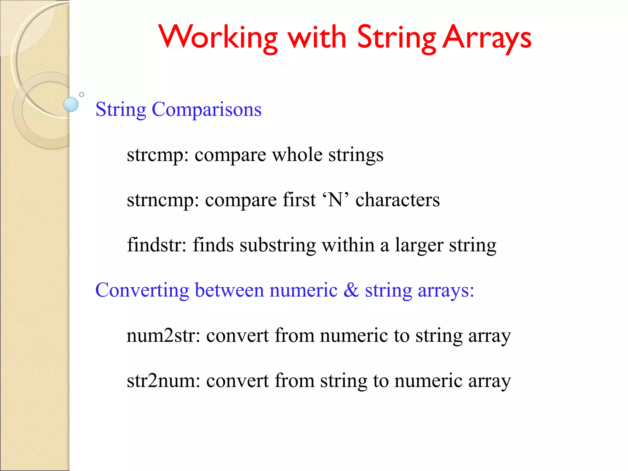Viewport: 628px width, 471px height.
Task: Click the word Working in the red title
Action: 218,37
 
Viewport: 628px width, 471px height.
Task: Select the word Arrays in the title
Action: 487,37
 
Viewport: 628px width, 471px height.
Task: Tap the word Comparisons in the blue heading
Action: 207,109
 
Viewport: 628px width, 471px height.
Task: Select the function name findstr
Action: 156,245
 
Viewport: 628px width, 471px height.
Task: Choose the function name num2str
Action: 163,335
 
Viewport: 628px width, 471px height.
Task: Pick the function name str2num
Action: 163,381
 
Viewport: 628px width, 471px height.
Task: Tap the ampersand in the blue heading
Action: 351,290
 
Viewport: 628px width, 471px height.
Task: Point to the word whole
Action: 297,155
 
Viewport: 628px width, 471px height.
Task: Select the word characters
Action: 397,200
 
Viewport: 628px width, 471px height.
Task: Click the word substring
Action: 278,246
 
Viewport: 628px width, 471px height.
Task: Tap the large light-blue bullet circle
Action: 71,104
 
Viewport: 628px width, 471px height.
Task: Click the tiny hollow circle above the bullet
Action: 82,94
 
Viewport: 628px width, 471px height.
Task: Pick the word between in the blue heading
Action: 229,290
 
